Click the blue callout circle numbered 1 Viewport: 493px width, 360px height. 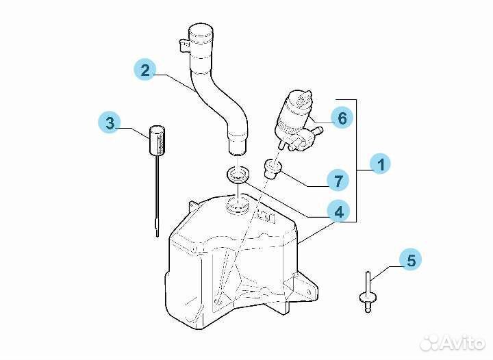[380, 164]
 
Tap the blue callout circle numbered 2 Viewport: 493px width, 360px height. [145, 70]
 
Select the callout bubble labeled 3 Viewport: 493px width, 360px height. [110, 123]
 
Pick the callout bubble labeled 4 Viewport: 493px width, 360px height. [338, 211]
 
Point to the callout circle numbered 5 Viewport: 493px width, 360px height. [410, 260]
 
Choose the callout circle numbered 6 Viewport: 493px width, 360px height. [342, 118]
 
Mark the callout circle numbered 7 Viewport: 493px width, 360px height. [338, 180]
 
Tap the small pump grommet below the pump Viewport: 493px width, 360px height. [273, 168]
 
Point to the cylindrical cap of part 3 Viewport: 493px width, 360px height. [157, 140]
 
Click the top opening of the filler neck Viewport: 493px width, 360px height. [201, 29]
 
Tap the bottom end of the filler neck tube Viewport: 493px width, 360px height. [237, 151]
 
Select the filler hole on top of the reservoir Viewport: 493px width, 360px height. [238, 206]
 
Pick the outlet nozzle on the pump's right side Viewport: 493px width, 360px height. [318, 130]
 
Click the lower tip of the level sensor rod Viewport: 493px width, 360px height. [157, 235]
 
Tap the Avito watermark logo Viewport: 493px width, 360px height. [453, 342]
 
